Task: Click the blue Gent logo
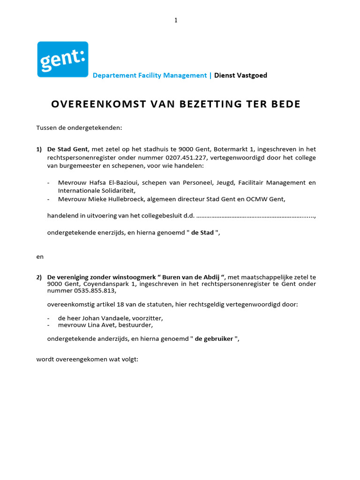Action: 63,59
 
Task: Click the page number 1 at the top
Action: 176,20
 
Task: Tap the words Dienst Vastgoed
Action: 240,75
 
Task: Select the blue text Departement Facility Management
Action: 150,75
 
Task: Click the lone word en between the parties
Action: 40,256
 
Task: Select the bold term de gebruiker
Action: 214,338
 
